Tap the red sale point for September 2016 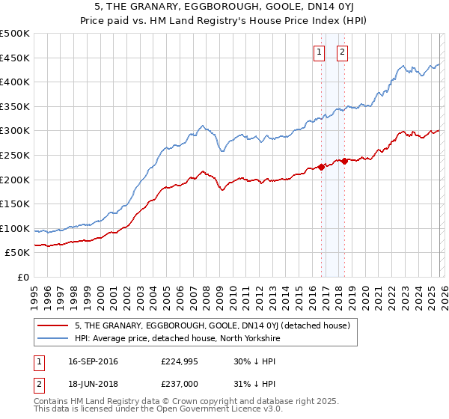click(321, 167)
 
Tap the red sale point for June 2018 click(344, 161)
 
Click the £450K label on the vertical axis click(16, 58)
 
